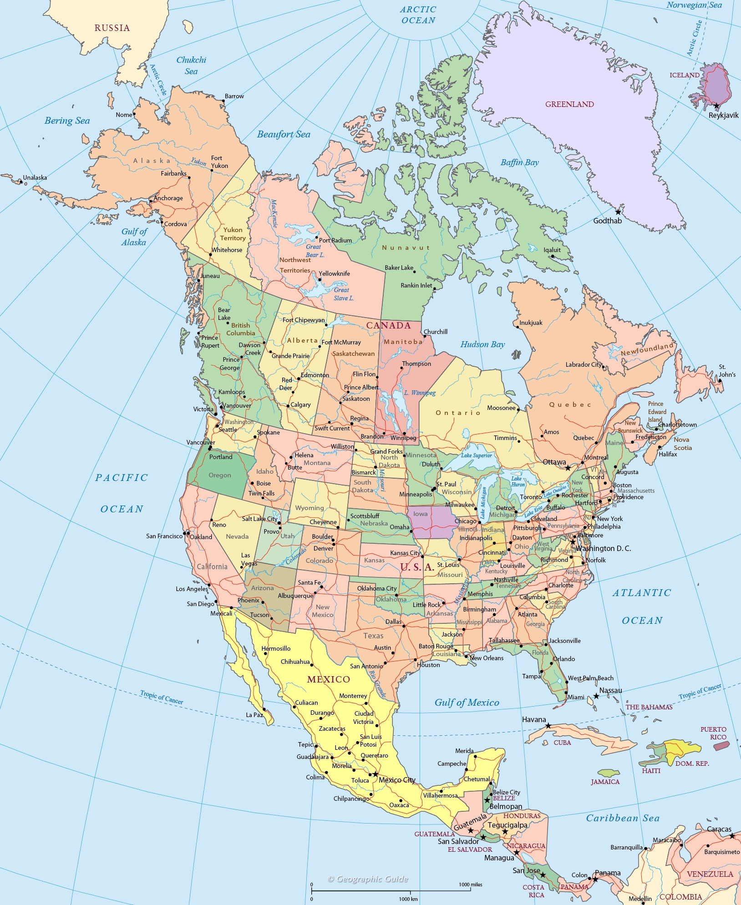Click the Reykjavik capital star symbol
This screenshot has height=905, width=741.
(716, 106)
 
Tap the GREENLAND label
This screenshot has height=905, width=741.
(569, 104)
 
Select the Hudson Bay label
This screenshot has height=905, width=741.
(482, 344)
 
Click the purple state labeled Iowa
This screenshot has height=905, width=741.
(431, 521)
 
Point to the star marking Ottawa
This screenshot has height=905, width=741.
(568, 468)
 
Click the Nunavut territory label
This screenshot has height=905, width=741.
(406, 248)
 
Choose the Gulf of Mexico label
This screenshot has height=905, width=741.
(467, 703)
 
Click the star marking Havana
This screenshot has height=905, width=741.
(548, 726)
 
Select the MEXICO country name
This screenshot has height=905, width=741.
(329, 680)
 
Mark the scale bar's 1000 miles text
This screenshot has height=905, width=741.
(470, 885)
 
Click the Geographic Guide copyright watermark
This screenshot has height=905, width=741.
(368, 879)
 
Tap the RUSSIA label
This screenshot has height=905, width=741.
(112, 28)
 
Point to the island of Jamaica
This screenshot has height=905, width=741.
(608, 773)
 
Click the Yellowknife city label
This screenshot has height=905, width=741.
(334, 273)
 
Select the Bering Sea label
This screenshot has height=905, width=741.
(67, 121)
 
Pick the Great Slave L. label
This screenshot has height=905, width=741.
(343, 294)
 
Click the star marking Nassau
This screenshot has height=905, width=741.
(596, 696)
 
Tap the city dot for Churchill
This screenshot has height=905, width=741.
(423, 336)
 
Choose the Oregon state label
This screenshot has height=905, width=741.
(220, 475)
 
